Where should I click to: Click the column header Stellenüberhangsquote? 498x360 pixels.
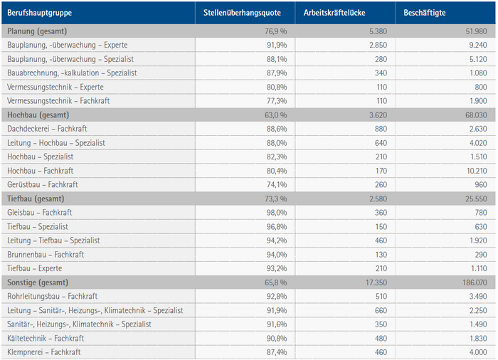pyautogui.click(x=242, y=14)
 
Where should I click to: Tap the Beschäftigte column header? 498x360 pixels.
pyautogui.click(x=425, y=14)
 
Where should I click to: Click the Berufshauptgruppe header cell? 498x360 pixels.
pyautogui.click(x=40, y=14)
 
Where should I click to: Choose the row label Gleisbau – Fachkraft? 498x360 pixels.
pyautogui.click(x=40, y=213)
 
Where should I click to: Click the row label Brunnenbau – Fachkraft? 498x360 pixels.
pyautogui.click(x=46, y=255)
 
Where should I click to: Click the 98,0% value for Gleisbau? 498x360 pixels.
pyautogui.click(x=277, y=213)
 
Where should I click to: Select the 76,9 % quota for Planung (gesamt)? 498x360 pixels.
pyautogui.click(x=275, y=31)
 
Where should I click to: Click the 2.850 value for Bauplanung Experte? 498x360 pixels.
pyautogui.click(x=377, y=45)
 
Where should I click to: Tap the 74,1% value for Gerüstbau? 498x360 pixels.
pyautogui.click(x=277, y=185)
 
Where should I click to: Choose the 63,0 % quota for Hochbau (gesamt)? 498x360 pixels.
pyautogui.click(x=275, y=115)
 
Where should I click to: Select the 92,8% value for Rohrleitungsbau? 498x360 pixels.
pyautogui.click(x=277, y=297)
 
